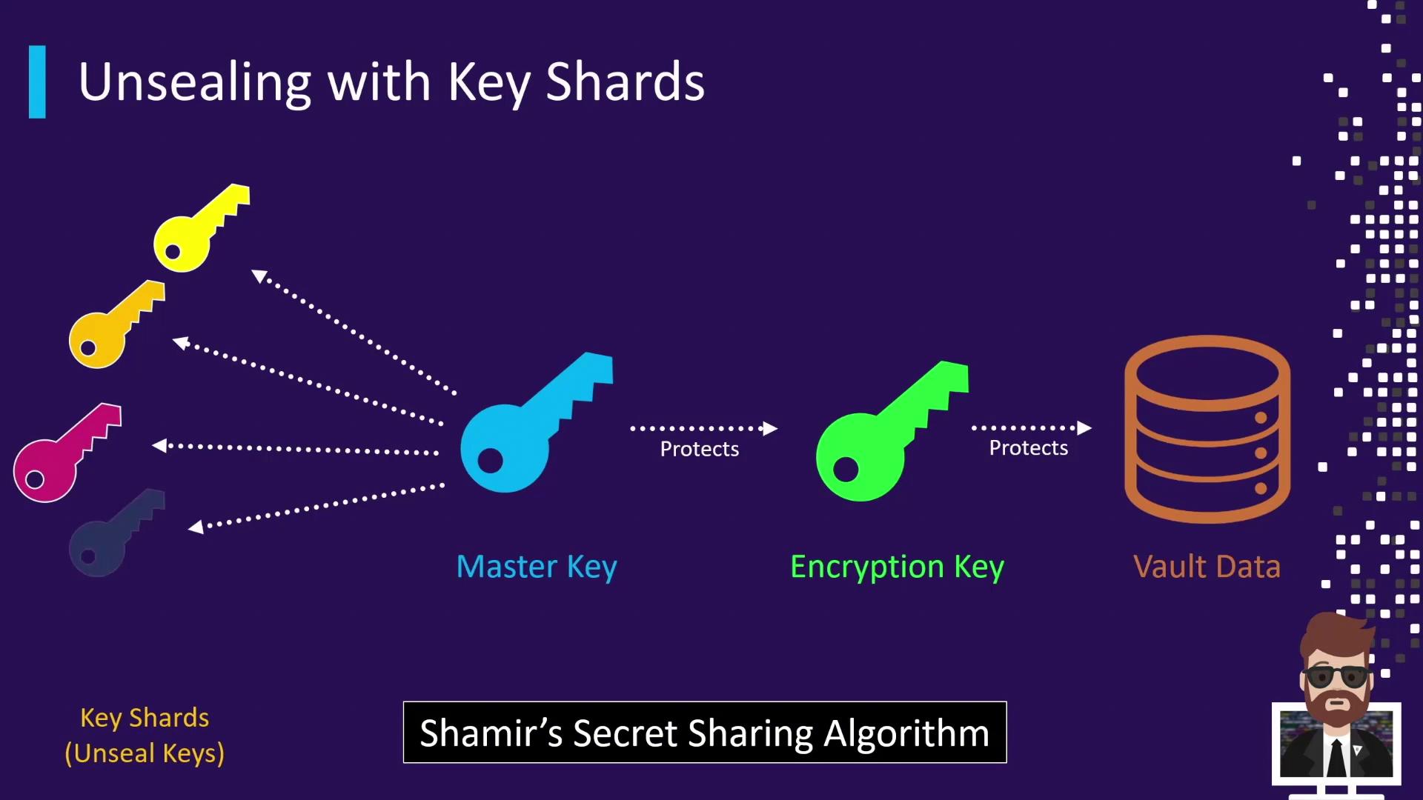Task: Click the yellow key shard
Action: (201, 228)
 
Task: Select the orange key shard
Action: (116, 324)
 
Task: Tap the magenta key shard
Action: (67, 453)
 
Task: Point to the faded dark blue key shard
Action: (116, 533)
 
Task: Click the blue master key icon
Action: (537, 422)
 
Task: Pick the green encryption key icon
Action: (892, 431)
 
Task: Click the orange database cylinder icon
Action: (1207, 430)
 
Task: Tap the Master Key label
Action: (537, 567)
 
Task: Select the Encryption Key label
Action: (897, 567)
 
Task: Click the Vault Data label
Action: (1207, 567)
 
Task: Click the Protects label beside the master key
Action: (700, 449)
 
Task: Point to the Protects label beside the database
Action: (1029, 448)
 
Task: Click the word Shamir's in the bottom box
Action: (491, 733)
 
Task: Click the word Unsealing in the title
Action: (195, 83)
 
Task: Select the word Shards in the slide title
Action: (625, 81)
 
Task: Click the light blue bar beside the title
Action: (37, 82)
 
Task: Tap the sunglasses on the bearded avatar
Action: (1336, 676)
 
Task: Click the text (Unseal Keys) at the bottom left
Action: (145, 753)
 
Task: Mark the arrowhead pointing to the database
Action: (1084, 428)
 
